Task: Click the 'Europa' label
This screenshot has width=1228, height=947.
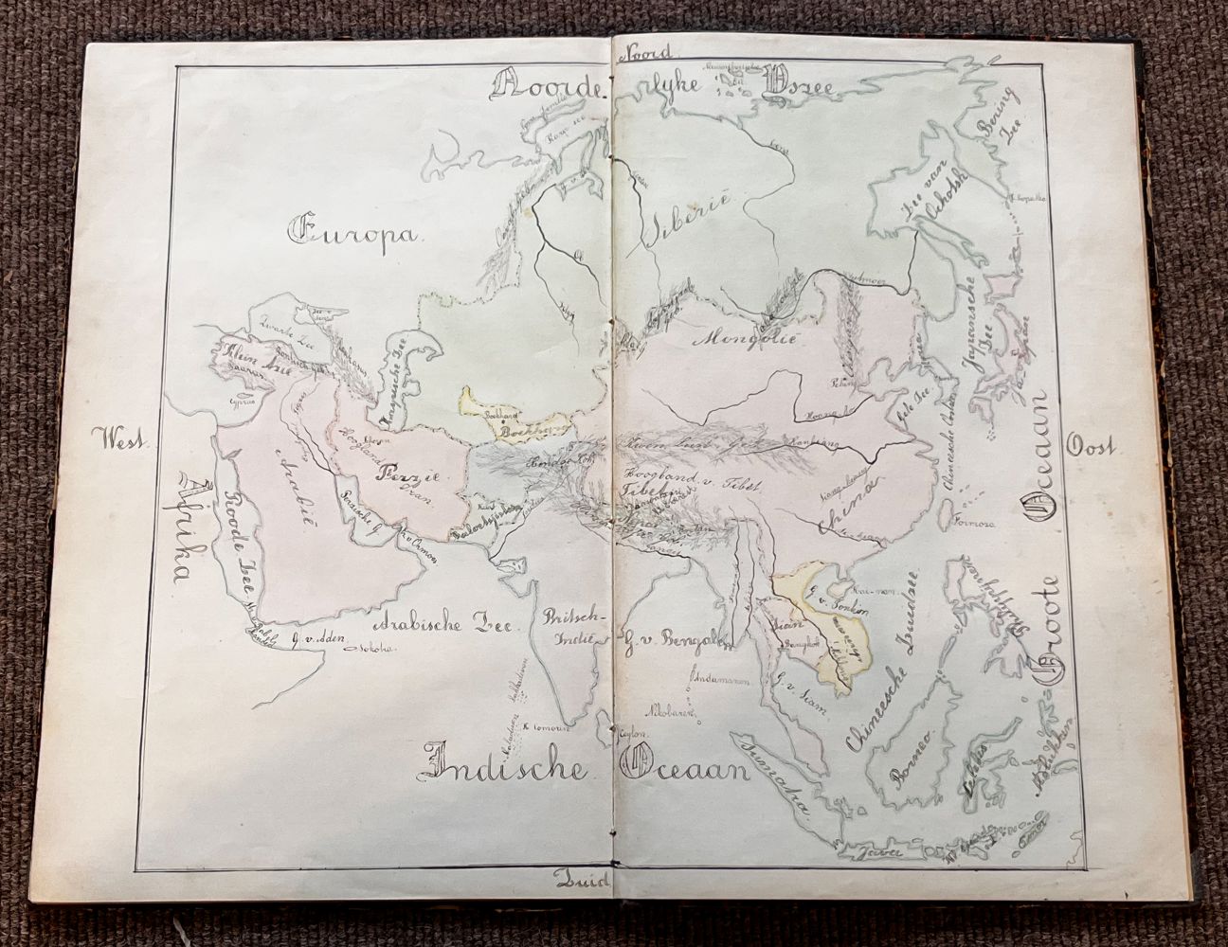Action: (x=346, y=230)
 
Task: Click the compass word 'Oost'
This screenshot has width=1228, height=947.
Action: (x=1091, y=445)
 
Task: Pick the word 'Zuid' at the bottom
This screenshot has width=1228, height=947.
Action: (x=582, y=881)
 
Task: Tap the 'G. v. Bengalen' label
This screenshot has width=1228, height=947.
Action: (x=675, y=636)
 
